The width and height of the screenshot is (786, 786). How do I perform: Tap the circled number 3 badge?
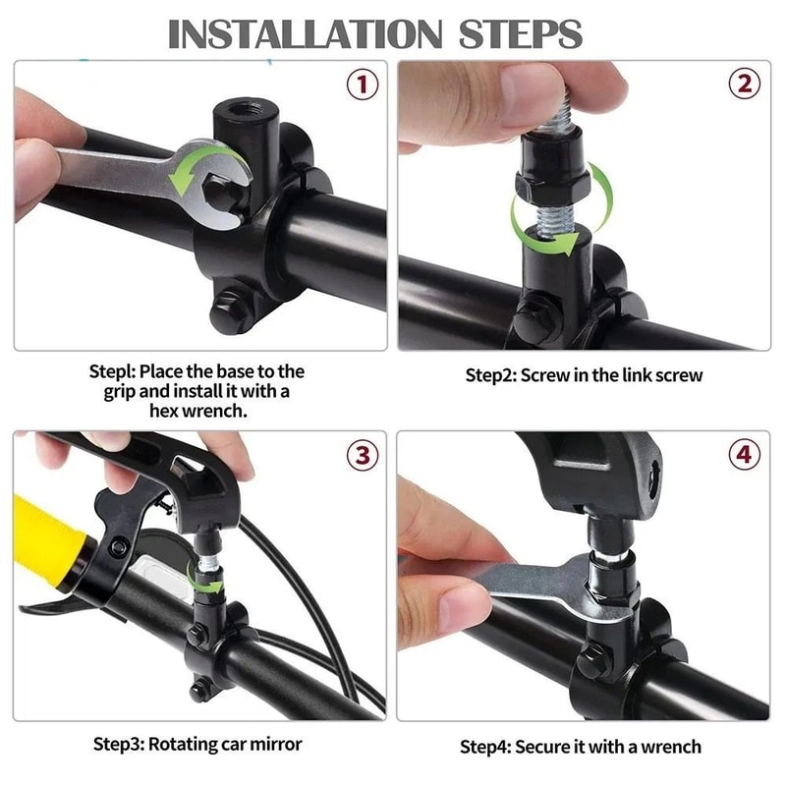coord(363,455)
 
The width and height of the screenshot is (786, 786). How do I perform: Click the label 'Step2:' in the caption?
coord(491,375)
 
